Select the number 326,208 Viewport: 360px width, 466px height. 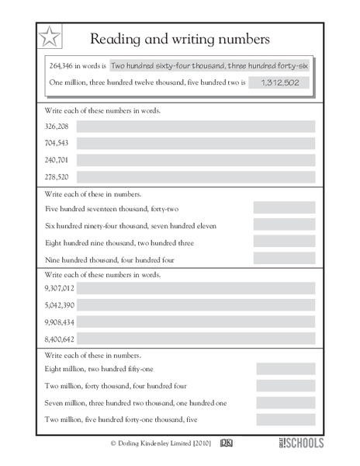[57, 126]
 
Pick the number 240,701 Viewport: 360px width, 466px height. [57, 160]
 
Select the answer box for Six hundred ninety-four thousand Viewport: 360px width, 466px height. [284, 225]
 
